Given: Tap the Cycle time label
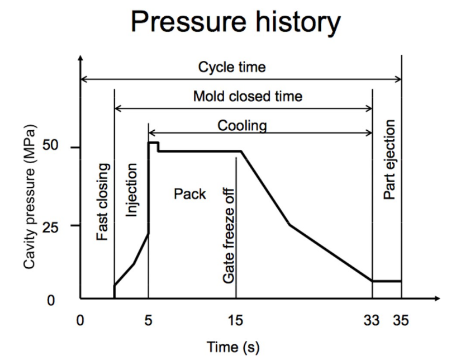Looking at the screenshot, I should pos(232,68).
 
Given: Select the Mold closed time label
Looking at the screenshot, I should pos(248,96).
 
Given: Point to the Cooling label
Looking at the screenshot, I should pos(242,125).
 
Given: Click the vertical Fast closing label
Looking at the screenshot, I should pos(102,205).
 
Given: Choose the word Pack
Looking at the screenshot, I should pos(190,194).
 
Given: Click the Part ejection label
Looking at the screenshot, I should pos(390,159).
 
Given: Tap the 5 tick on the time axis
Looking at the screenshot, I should pos(148,321).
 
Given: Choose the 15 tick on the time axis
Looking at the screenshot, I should pos(236,321).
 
